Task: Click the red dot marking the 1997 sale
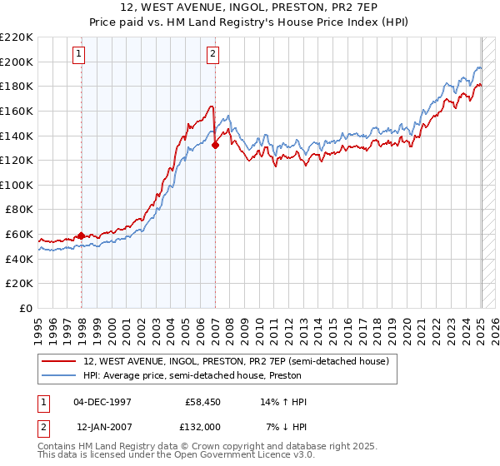click(x=81, y=235)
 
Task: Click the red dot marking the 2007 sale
click(x=215, y=145)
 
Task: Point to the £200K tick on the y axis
click(x=17, y=62)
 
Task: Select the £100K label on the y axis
click(x=17, y=185)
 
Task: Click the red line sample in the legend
click(x=60, y=361)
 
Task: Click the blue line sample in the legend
click(x=60, y=375)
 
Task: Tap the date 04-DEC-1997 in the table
click(x=103, y=402)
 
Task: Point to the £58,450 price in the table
click(x=203, y=402)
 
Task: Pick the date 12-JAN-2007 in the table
click(x=103, y=426)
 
